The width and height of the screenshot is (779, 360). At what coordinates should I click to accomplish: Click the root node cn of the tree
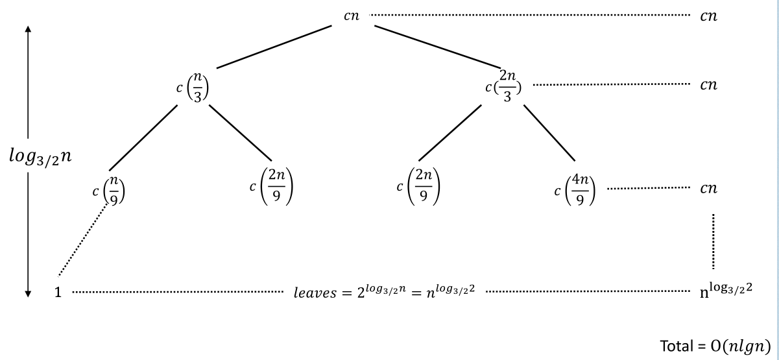pyautogui.click(x=351, y=16)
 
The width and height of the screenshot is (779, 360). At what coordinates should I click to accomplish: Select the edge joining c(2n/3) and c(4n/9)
pyautogui.click(x=550, y=132)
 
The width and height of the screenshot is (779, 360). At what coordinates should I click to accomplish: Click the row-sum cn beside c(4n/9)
pyautogui.click(x=708, y=189)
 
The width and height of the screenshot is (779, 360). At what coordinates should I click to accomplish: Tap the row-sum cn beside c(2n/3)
pyautogui.click(x=708, y=84)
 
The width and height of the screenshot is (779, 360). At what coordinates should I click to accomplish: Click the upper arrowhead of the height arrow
pyautogui.click(x=29, y=30)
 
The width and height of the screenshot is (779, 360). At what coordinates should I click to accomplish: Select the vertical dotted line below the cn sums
pyautogui.click(x=713, y=241)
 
